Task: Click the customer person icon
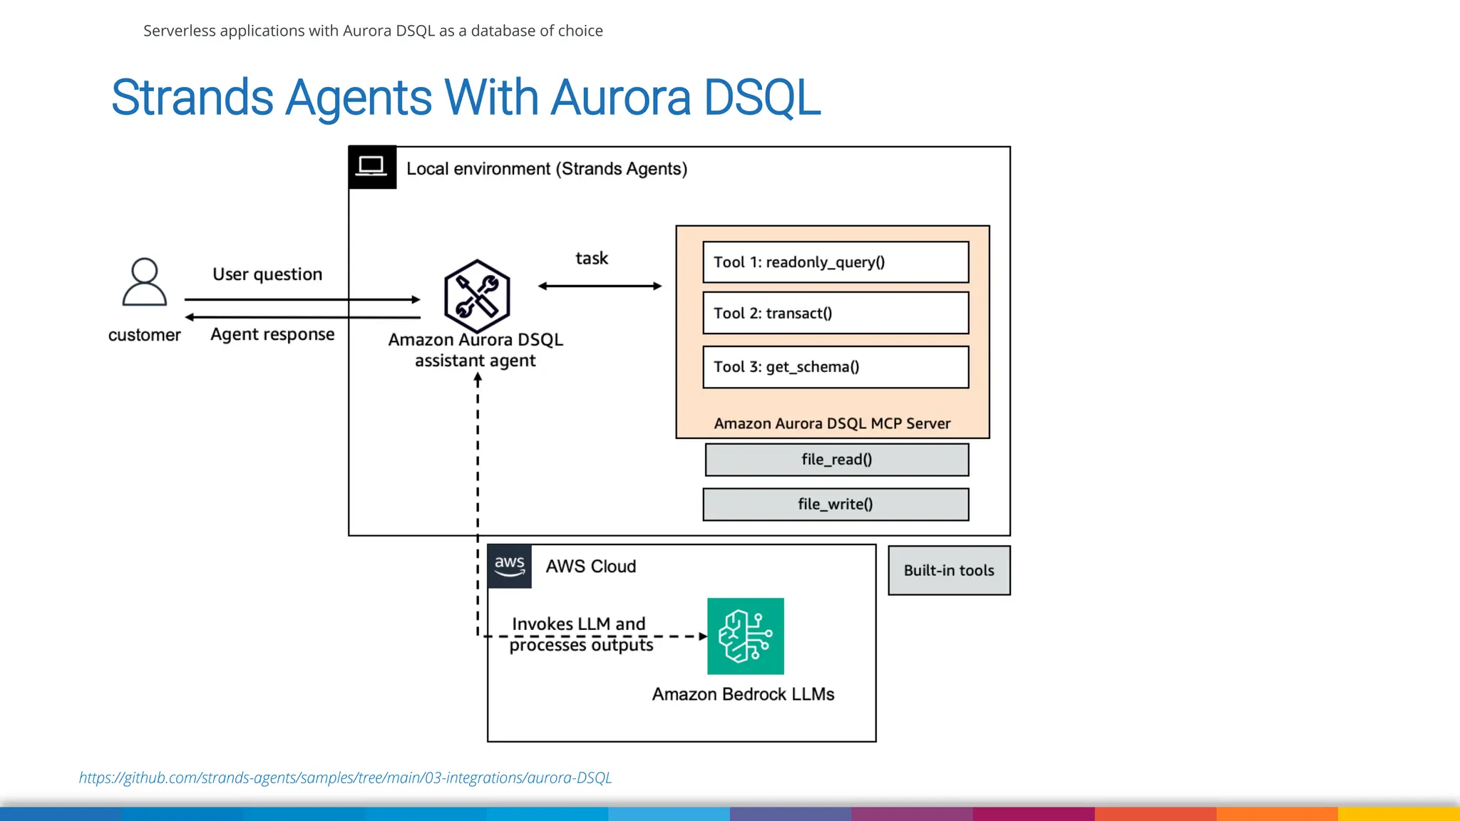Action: pyautogui.click(x=145, y=282)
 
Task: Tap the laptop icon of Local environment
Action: pyautogui.click(x=371, y=167)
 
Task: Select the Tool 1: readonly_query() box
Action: pyautogui.click(x=836, y=262)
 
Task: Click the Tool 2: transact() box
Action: pyautogui.click(x=836, y=313)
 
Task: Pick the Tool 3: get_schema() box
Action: pyautogui.click(x=836, y=367)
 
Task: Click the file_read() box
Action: pyautogui.click(x=836, y=460)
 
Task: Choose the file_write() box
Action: pyautogui.click(x=836, y=505)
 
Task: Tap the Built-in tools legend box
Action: pyautogui.click(x=949, y=570)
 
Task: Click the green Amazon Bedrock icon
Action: pyautogui.click(x=745, y=636)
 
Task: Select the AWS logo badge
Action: pyautogui.click(x=510, y=567)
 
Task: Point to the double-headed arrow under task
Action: pyautogui.click(x=600, y=286)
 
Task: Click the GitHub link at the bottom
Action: pyautogui.click(x=345, y=778)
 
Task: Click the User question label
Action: pyautogui.click(x=267, y=274)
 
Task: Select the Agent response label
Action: pyautogui.click(x=272, y=334)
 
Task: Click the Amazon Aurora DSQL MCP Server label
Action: pyautogui.click(x=832, y=423)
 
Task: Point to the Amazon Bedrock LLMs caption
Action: pyautogui.click(x=743, y=694)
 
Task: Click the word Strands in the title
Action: pyautogui.click(x=192, y=98)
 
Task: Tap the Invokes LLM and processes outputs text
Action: pyautogui.click(x=580, y=634)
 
